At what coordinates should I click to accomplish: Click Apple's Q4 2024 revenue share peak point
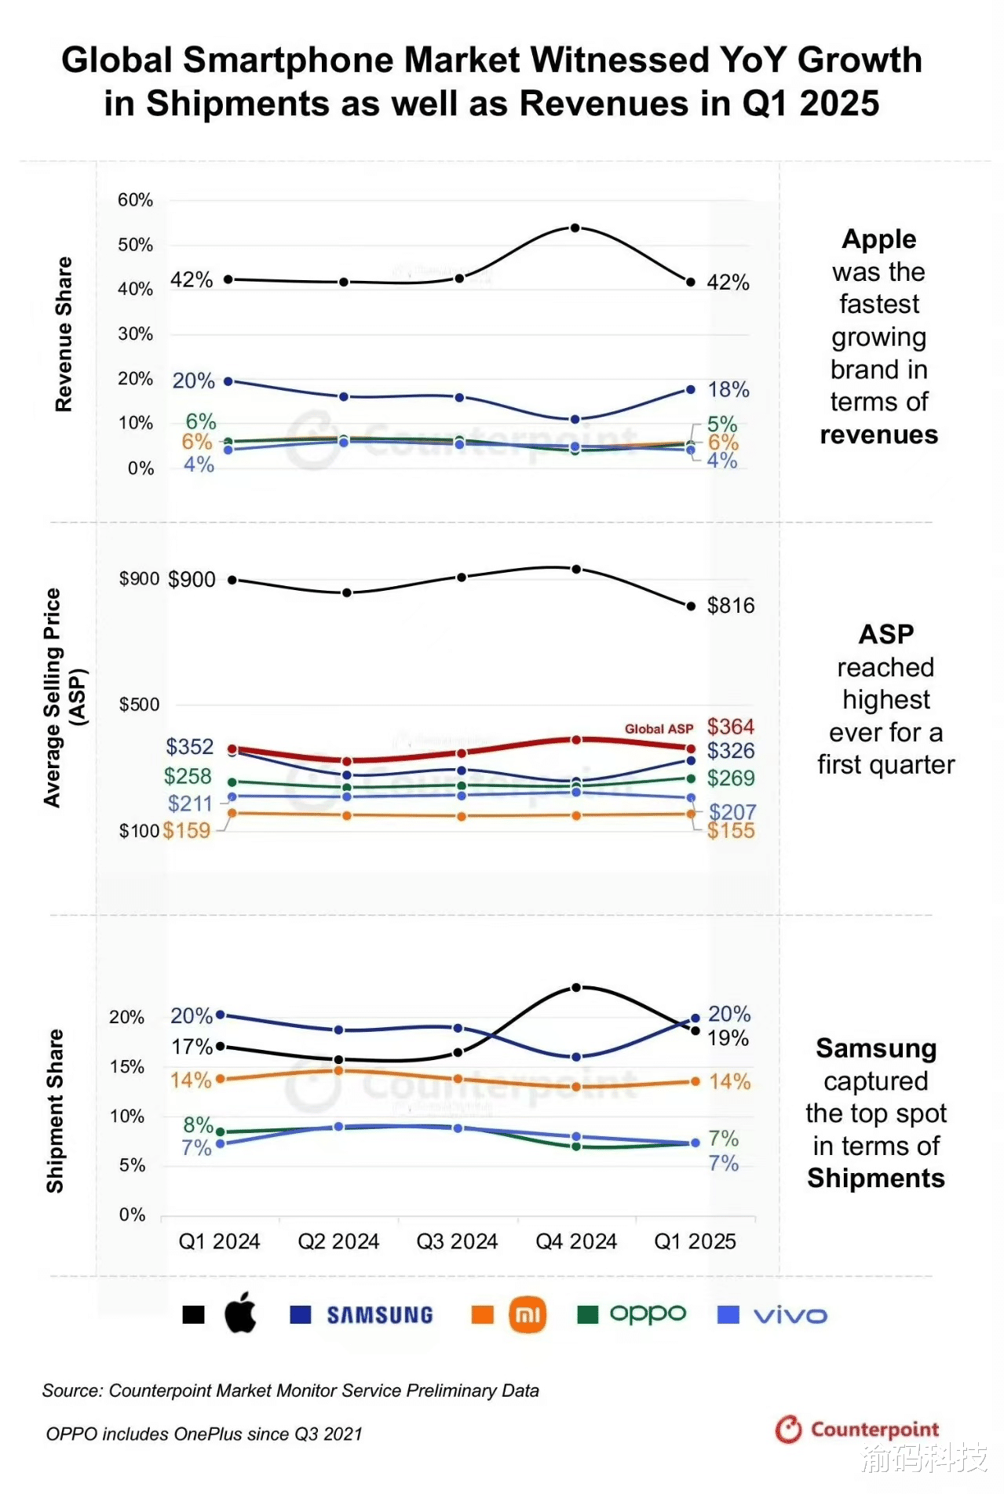coord(575,228)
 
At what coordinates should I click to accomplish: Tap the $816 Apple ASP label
coord(730,606)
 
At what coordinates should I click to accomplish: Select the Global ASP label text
coord(659,729)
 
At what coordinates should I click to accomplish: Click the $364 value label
coord(730,727)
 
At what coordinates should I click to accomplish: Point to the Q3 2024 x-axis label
coord(457,1241)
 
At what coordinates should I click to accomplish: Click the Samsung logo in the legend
coord(380,1315)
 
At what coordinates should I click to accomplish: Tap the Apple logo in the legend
coord(240,1313)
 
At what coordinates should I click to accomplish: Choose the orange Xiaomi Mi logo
coord(528,1314)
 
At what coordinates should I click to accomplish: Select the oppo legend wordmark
coord(648,1314)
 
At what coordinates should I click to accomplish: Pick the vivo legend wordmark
coord(790,1315)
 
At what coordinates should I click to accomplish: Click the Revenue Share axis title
coord(64,334)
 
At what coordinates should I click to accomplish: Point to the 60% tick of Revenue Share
coord(135,200)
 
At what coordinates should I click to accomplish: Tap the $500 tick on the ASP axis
coord(139,705)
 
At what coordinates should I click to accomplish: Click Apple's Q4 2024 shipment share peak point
coord(575,988)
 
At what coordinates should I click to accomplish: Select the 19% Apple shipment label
coord(728,1038)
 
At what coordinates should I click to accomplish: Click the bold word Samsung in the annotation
coord(876,1048)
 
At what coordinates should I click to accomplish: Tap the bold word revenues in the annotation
coord(878,435)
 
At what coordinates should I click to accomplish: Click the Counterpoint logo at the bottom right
coord(857,1429)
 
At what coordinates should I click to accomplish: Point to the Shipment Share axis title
coord(55,1111)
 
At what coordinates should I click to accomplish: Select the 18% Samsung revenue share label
coord(728,389)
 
